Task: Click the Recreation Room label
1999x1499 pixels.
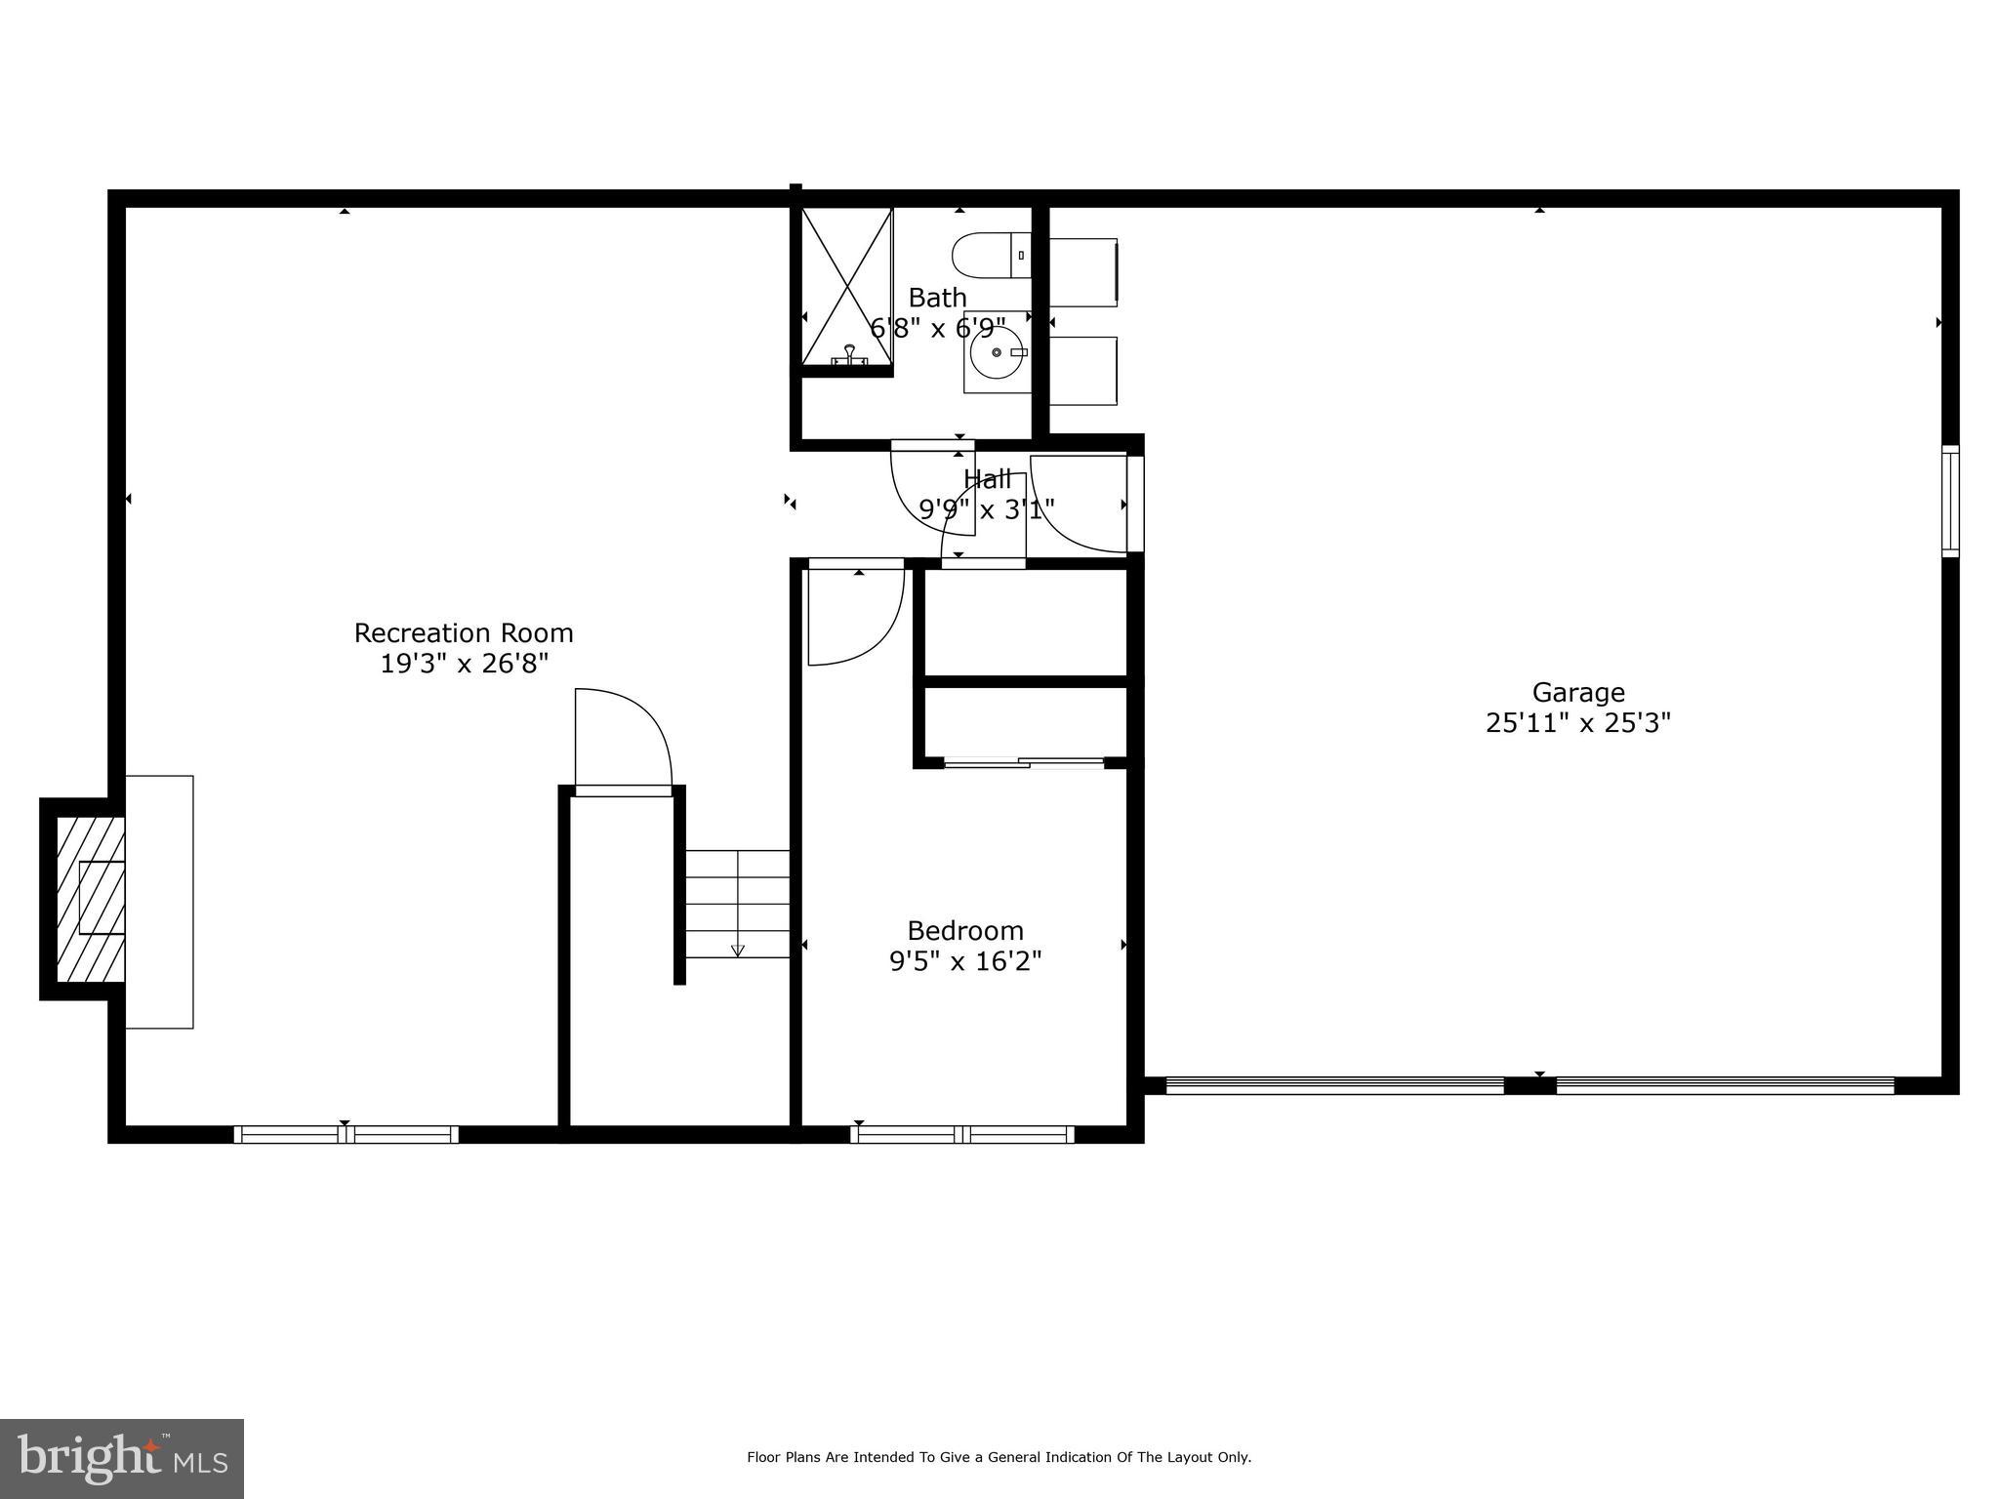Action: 463,633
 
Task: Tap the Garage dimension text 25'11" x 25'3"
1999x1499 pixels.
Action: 1577,723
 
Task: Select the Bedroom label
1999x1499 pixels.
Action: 964,930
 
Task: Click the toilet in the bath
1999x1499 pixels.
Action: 989,255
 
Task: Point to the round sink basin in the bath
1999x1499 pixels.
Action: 997,352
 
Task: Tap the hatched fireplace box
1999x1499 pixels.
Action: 91,899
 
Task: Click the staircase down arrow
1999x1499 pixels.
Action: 738,949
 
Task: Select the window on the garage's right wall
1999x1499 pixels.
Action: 1949,501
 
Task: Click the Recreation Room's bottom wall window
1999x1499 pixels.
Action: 346,1134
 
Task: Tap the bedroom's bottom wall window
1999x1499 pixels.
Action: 962,1134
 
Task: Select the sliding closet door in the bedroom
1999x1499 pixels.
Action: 1024,763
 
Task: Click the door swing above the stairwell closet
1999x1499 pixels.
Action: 622,737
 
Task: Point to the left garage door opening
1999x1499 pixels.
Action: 1334,1085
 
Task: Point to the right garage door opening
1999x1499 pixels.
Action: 1725,1085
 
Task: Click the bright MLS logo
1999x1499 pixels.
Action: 122,1458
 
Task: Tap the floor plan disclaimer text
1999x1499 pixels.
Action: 999,1457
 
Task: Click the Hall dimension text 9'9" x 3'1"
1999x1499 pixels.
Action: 986,509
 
